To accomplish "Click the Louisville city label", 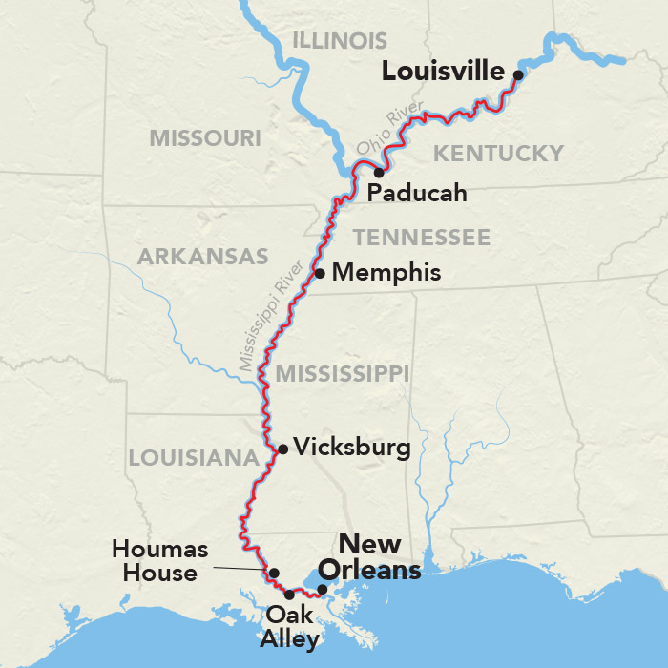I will (443, 72).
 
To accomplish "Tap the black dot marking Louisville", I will (518, 74).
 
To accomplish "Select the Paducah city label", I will (417, 194).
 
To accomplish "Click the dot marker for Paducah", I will (379, 173).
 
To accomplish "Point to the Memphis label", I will (386, 273).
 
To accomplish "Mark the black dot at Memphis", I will (320, 273).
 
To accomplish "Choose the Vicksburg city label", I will (352, 447).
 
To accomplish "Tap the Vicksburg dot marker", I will (282, 449).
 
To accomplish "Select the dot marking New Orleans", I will (323, 589).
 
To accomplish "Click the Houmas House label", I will (155, 561).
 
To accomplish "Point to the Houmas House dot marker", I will (274, 574).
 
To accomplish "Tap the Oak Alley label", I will (290, 627).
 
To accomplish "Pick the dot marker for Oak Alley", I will (289, 595).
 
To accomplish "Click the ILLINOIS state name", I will (340, 41).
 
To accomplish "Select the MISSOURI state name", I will (204, 138).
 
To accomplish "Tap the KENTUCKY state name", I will (498, 154).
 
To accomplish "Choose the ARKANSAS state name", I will (202, 257).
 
